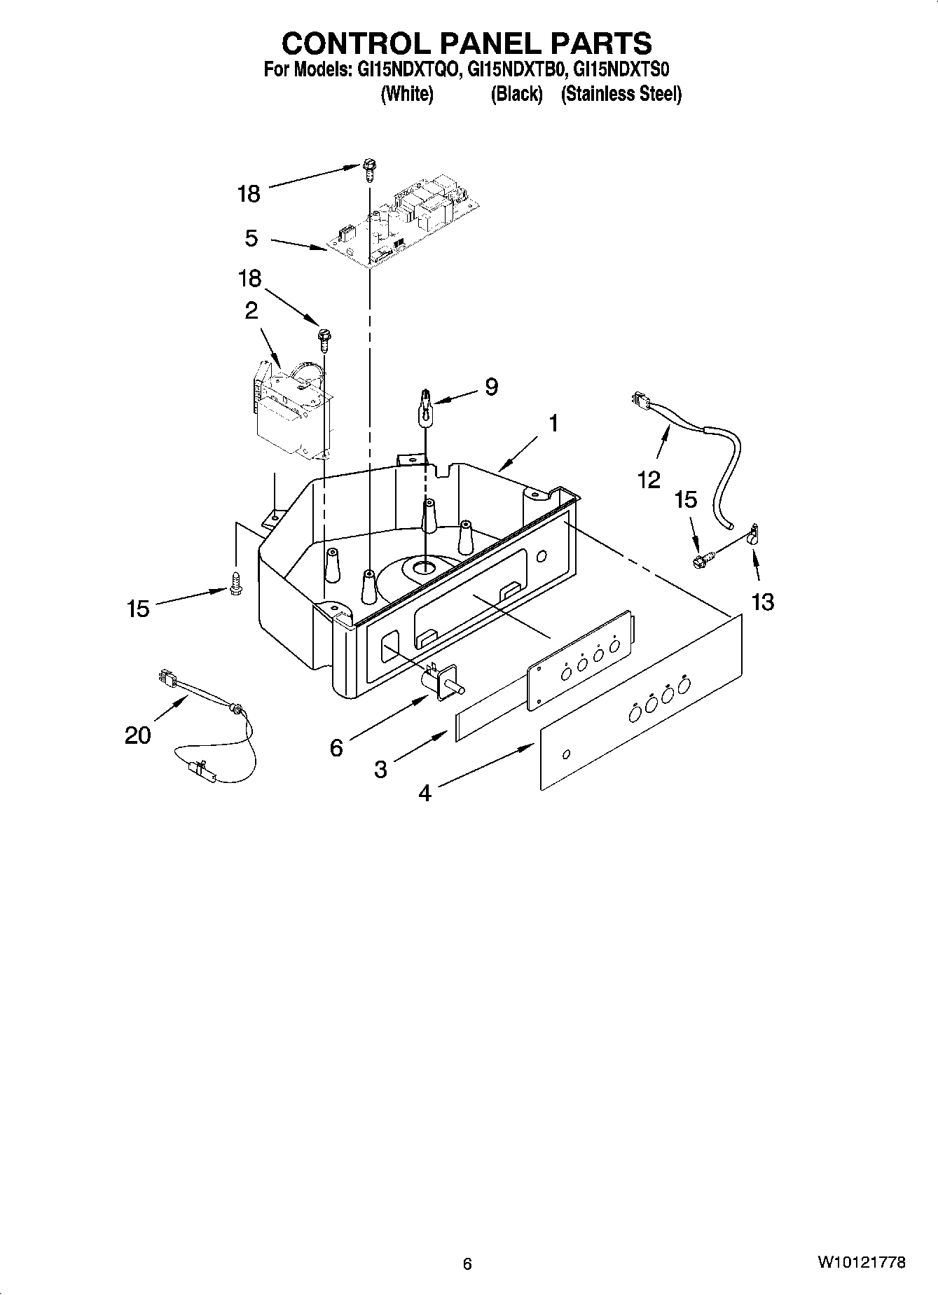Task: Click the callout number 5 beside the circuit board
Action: (x=251, y=238)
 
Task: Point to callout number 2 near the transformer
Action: (x=251, y=311)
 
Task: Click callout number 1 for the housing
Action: (x=553, y=424)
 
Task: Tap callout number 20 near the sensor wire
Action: (x=138, y=735)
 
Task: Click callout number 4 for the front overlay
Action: (x=425, y=793)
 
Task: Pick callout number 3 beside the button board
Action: (x=380, y=770)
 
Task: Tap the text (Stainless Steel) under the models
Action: (x=621, y=94)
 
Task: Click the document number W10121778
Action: (x=860, y=1263)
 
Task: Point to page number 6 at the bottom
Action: (x=467, y=1263)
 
